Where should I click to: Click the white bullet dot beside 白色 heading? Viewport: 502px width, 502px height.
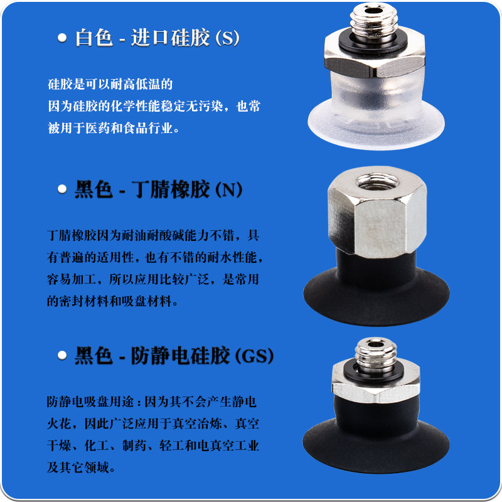point(62,38)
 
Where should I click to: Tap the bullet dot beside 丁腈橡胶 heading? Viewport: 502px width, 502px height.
point(62,188)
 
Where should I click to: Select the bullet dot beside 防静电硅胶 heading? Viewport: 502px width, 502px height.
point(62,355)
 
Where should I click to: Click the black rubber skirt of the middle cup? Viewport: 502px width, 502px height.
point(375,295)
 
